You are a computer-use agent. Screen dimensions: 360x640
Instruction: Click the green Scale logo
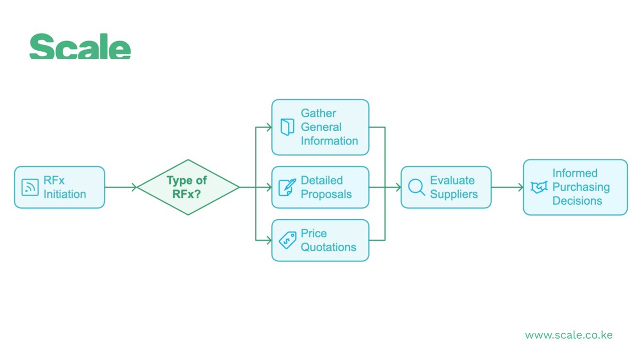click(80, 46)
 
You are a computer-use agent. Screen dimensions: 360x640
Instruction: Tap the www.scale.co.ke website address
click(569, 335)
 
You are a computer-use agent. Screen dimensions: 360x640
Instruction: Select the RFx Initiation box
click(59, 187)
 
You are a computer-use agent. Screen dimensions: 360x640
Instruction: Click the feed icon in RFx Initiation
click(30, 187)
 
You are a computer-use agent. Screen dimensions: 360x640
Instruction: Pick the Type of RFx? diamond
click(188, 187)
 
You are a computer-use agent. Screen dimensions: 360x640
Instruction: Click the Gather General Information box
click(320, 127)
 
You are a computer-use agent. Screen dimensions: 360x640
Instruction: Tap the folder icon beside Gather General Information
click(287, 127)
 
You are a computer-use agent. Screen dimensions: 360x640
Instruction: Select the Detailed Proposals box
click(320, 187)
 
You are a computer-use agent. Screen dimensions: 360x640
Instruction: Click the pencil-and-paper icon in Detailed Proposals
click(287, 187)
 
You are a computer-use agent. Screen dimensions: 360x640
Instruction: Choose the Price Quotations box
click(320, 241)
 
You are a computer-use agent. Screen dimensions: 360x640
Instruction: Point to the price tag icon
click(287, 241)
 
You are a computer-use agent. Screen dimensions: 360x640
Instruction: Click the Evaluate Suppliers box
click(446, 187)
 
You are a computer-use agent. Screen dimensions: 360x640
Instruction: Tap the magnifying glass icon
click(416, 187)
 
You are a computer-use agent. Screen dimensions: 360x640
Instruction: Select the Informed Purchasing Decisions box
click(575, 187)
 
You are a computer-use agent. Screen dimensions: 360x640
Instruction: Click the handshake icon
click(539, 187)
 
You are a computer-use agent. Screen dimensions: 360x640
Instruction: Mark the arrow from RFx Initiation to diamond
click(121, 187)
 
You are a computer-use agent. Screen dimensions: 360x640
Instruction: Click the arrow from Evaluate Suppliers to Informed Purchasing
click(507, 187)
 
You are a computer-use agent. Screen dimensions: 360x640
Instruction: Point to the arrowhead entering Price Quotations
click(268, 241)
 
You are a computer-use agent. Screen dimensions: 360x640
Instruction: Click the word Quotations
click(328, 247)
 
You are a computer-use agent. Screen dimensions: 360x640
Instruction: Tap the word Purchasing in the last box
click(581, 187)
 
